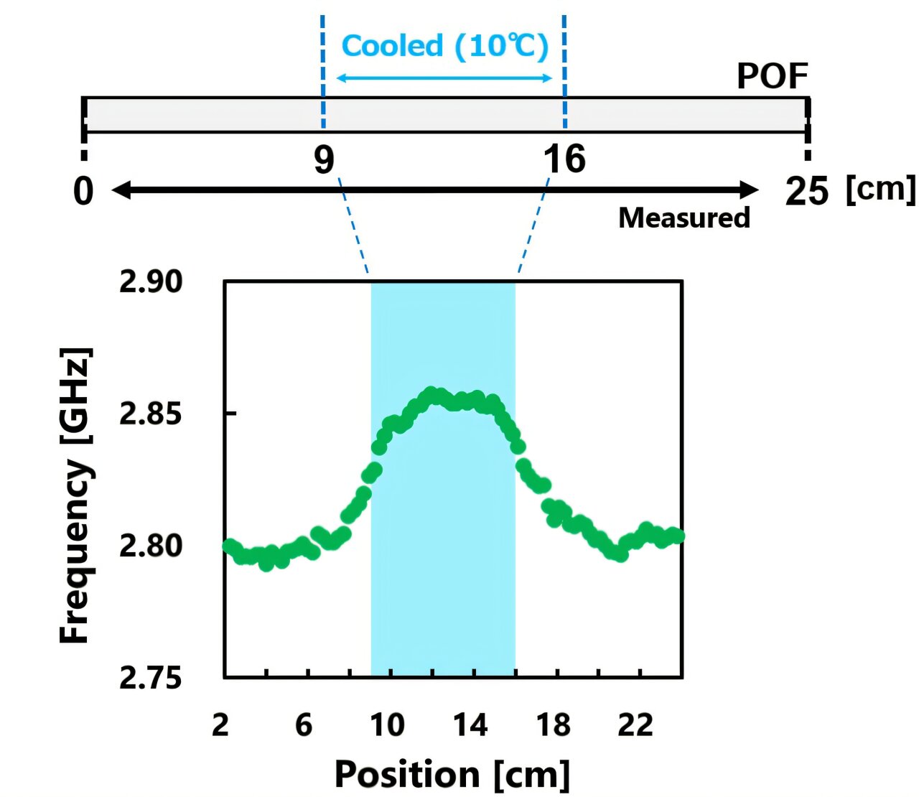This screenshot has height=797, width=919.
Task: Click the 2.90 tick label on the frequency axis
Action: tap(151, 282)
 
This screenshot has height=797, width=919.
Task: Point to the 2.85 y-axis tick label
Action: tap(151, 414)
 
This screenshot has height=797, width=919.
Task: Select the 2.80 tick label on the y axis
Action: tap(151, 546)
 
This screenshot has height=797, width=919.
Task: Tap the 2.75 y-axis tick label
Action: tap(151, 678)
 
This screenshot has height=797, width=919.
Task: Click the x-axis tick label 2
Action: tap(220, 725)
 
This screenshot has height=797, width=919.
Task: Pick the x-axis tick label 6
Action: tap(304, 725)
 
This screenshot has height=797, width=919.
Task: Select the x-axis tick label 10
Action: tap(387, 725)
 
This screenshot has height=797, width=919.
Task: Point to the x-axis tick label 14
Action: tap(470, 725)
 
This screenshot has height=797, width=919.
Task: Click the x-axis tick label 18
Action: tap(554, 725)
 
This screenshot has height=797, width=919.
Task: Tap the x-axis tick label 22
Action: tap(636, 725)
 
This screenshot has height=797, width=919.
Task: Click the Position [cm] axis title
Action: tap(452, 775)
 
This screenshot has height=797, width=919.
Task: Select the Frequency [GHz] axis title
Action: tap(76, 495)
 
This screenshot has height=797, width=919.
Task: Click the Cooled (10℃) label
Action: tap(445, 47)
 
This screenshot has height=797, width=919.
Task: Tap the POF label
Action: tap(772, 76)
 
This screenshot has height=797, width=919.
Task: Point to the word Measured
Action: tap(684, 218)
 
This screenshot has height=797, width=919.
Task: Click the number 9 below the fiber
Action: tap(324, 159)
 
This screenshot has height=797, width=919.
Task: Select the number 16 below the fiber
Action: tap(564, 159)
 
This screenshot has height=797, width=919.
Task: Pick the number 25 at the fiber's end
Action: tap(806, 192)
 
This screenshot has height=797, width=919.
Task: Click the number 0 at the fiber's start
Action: tap(84, 192)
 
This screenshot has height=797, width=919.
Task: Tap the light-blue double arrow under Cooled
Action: tap(444, 78)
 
